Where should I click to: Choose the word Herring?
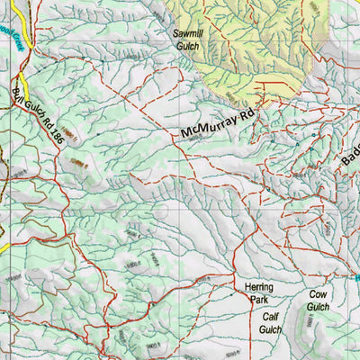[259, 288]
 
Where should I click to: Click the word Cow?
[319, 294]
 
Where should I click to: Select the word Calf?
[272, 318]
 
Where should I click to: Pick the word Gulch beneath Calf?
[272, 329]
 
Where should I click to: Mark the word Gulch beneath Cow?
[319, 306]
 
